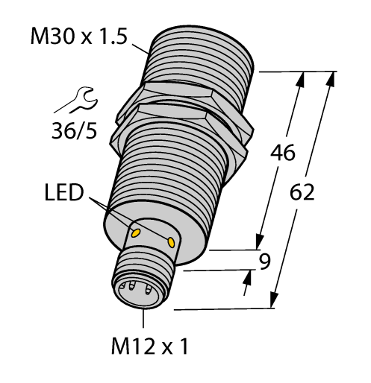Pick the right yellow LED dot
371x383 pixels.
(x=172, y=243)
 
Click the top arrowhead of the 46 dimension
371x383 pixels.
(x=302, y=77)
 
